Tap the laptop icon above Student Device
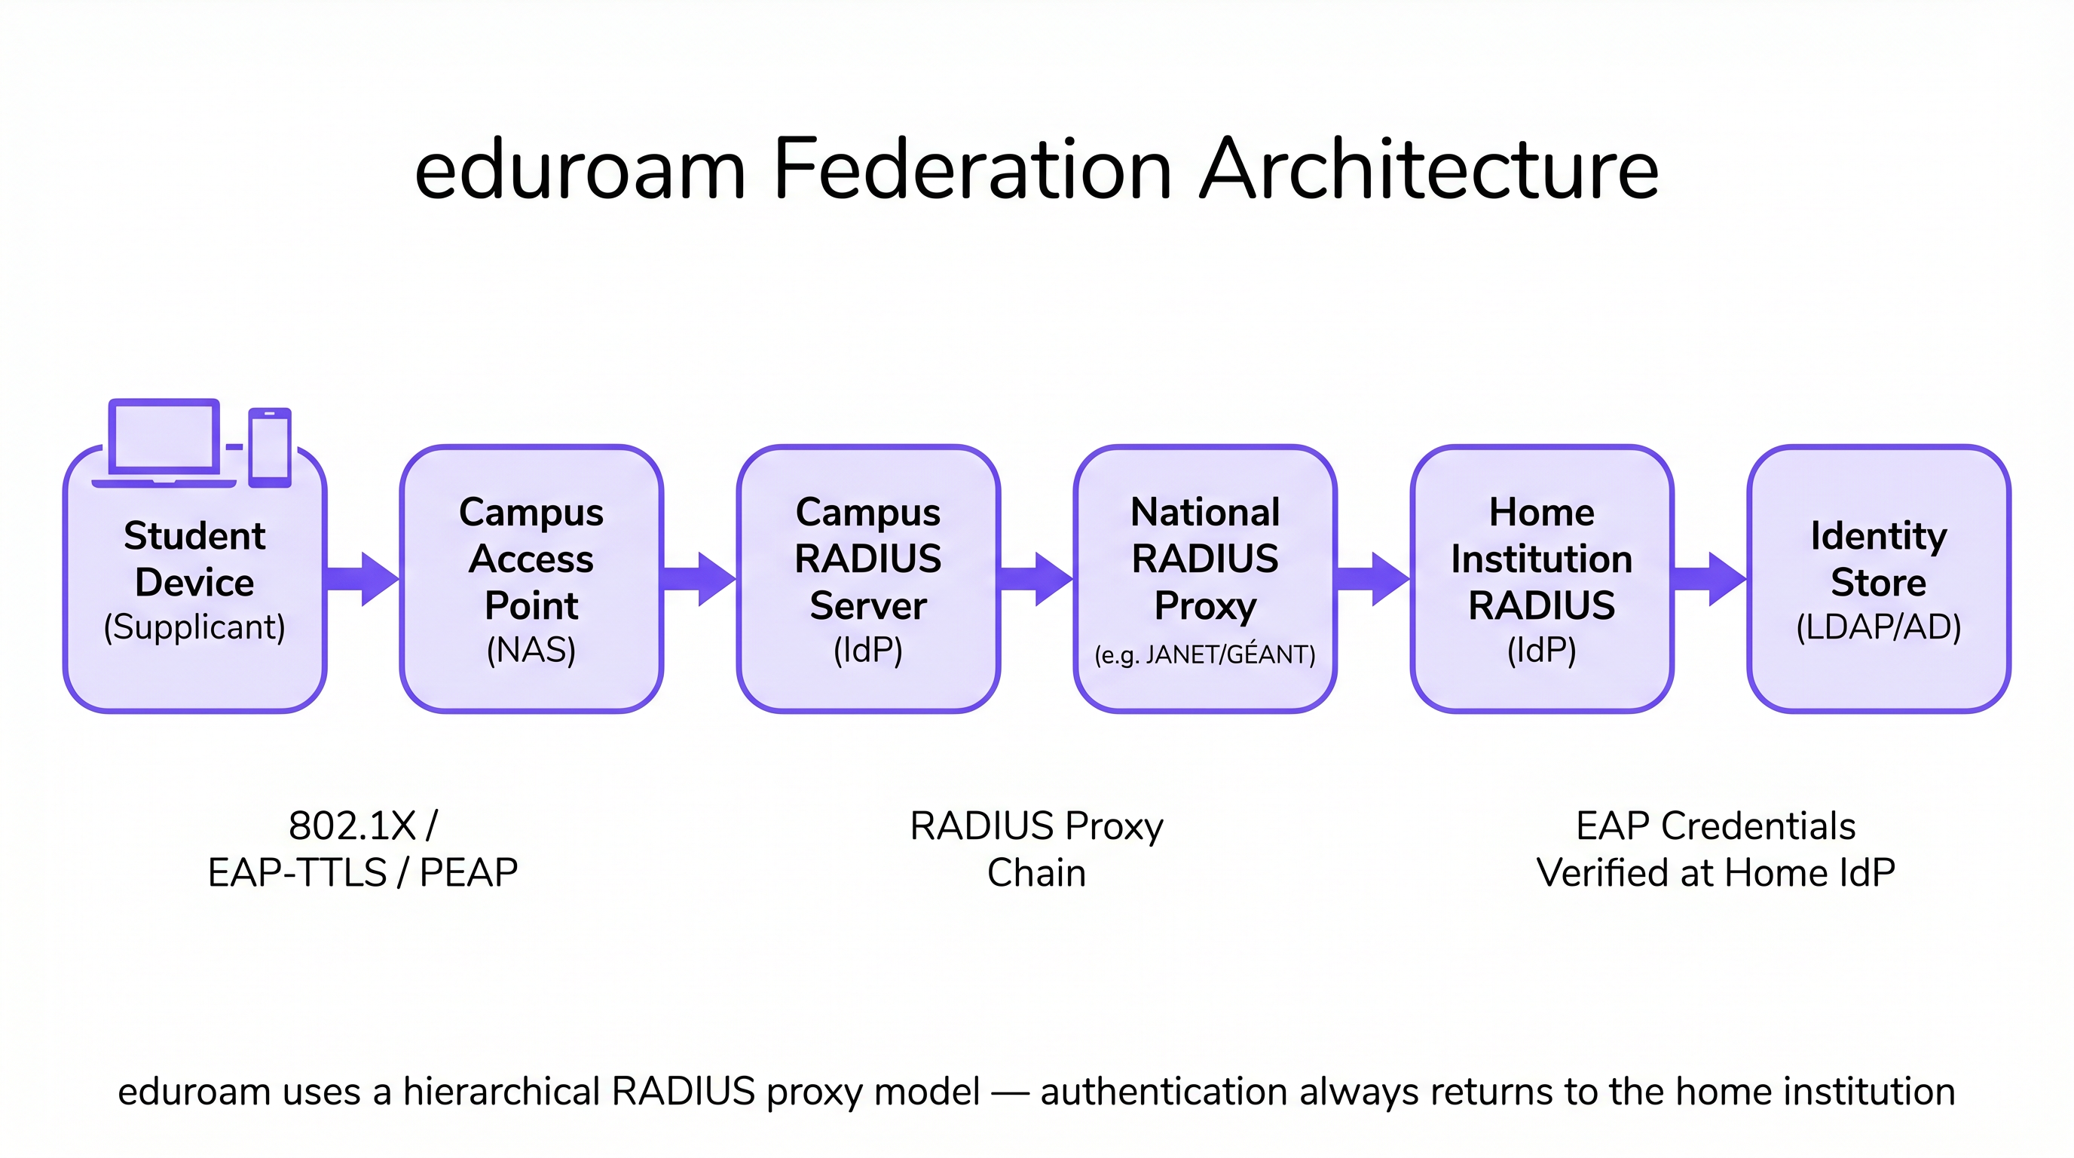[164, 441]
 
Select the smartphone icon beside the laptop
[270, 447]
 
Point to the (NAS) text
[531, 650]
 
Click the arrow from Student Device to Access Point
[362, 578]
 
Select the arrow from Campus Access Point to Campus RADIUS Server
[699, 578]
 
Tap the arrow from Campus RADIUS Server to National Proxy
[1036, 578]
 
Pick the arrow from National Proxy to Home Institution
[1372, 578]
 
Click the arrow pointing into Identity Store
[1709, 578]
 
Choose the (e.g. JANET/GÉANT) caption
[1204, 654]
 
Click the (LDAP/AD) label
[1878, 627]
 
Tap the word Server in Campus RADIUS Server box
[868, 605]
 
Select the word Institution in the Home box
[1541, 559]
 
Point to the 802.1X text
[352, 826]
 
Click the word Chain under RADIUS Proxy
[1036, 873]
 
